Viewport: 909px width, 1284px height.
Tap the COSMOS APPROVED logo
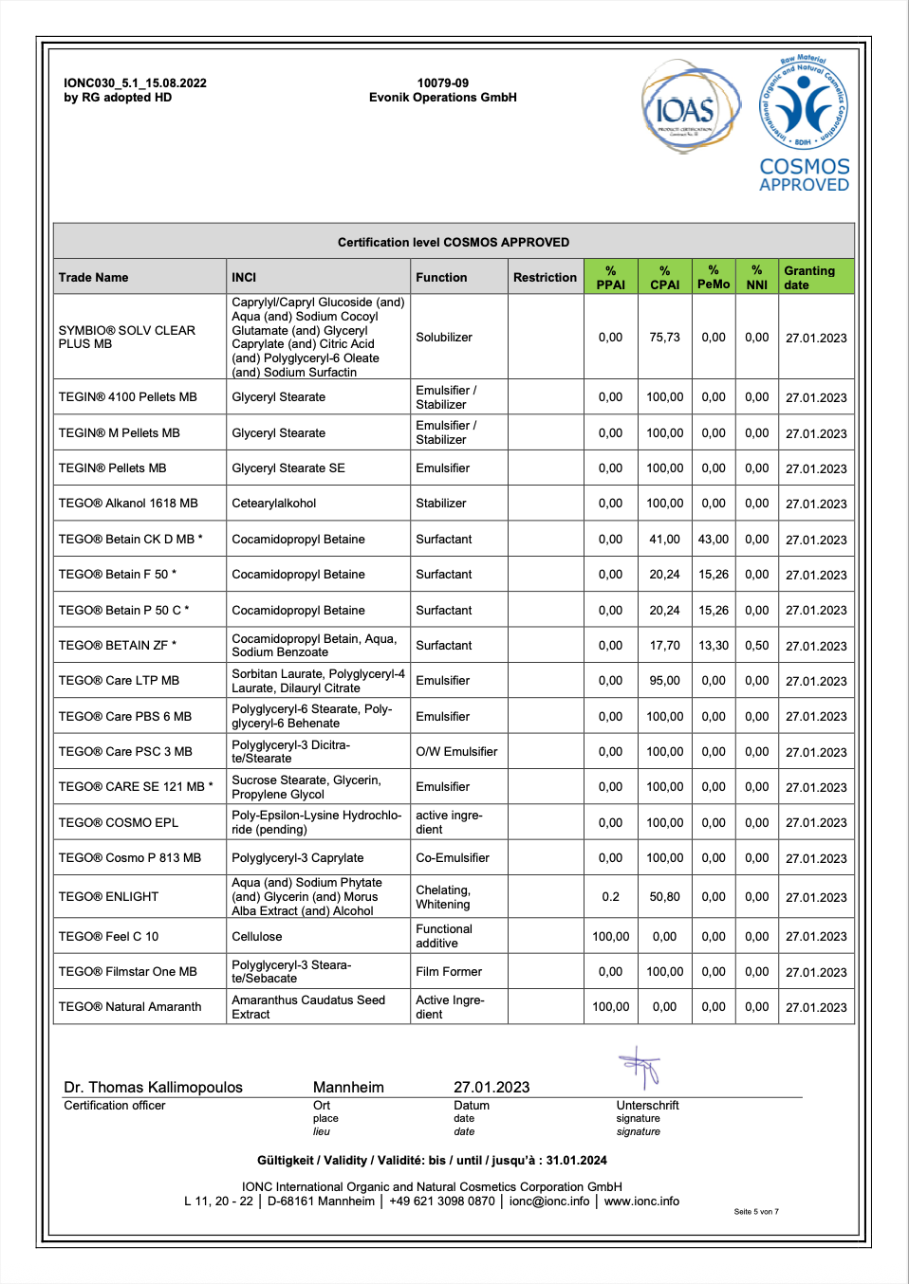pyautogui.click(x=804, y=123)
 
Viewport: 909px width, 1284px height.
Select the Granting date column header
pyautogui.click(x=815, y=277)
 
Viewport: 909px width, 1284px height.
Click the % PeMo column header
pyautogui.click(x=714, y=277)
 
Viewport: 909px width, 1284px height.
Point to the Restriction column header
pyautogui.click(x=545, y=277)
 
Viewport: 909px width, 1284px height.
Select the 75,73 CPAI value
pyautogui.click(x=664, y=338)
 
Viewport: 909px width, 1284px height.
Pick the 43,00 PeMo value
pyautogui.click(x=714, y=540)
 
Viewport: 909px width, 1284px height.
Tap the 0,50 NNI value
pyautogui.click(x=756, y=646)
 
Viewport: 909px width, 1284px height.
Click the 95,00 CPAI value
pyautogui.click(x=664, y=681)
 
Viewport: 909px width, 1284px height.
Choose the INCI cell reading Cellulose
pyautogui.click(x=257, y=937)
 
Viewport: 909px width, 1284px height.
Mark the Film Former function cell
pyautogui.click(x=449, y=972)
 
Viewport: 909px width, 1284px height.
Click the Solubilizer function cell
pyautogui.click(x=444, y=338)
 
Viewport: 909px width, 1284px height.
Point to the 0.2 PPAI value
pyautogui.click(x=610, y=897)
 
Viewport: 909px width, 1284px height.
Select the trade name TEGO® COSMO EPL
pyautogui.click(x=119, y=823)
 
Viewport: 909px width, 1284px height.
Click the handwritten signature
pyautogui.click(x=641, y=1068)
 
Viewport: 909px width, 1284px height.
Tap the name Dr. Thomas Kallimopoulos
pyautogui.click(x=153, y=1088)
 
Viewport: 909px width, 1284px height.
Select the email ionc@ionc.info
pyautogui.click(x=549, y=1201)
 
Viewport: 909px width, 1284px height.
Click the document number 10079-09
pyautogui.click(x=442, y=83)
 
